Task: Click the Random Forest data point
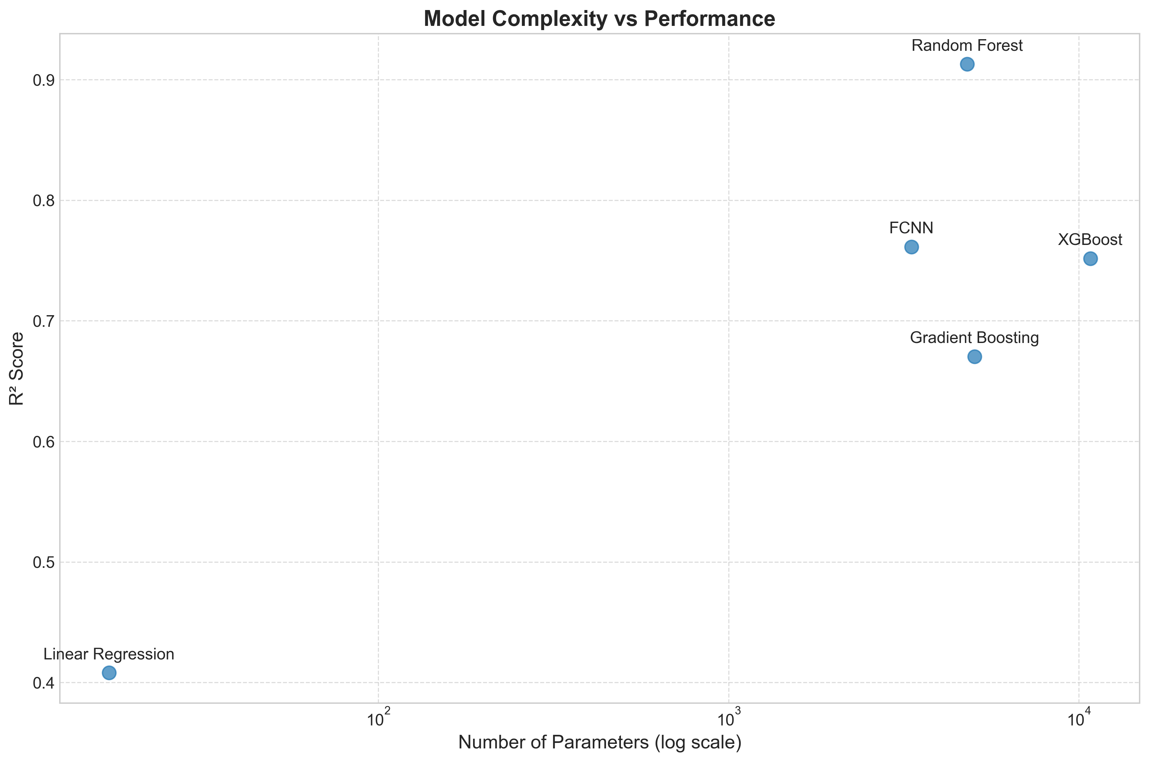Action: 967,64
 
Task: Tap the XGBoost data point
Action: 1090,259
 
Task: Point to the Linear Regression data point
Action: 109,673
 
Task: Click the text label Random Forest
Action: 967,46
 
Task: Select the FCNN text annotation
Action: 911,228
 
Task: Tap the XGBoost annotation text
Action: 1090,239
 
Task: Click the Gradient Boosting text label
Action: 974,338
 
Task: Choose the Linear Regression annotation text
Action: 109,654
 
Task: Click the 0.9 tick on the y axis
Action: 43,80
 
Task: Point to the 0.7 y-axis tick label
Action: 43,321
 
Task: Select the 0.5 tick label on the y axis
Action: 43,563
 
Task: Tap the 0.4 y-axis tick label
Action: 43,683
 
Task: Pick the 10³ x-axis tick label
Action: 729,718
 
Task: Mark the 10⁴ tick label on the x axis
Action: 1078,718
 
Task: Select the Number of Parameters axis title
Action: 600,743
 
